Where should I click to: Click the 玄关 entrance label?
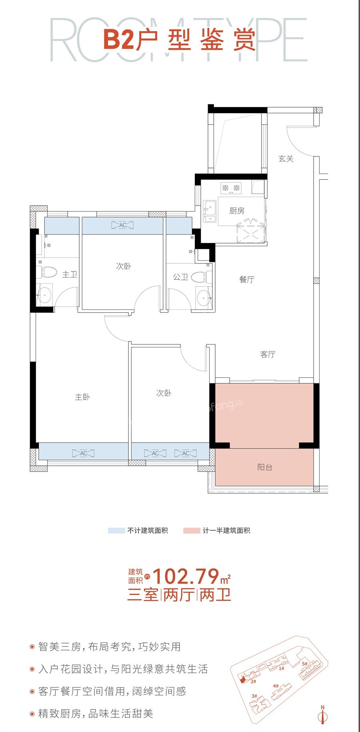[286, 159]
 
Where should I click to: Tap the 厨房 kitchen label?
[237, 211]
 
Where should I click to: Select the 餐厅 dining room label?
[247, 279]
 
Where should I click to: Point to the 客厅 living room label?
[268, 354]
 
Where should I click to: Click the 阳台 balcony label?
[265, 467]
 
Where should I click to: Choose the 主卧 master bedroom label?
[82, 397]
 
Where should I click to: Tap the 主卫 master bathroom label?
[70, 274]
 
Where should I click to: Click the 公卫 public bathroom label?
[180, 277]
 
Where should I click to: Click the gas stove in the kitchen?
[231, 188]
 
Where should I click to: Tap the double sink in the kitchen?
[209, 211]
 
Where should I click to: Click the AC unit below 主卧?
[83, 453]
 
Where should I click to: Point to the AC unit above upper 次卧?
[123, 225]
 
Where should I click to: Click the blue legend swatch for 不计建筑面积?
[116, 531]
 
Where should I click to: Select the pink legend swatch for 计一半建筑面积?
[192, 531]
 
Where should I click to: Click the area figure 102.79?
[186, 576]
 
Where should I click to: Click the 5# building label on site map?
[304, 664]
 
